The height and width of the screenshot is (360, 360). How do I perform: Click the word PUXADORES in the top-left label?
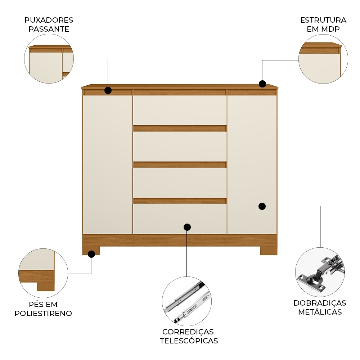click(49, 20)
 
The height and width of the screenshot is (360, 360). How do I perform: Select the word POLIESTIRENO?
click(43, 314)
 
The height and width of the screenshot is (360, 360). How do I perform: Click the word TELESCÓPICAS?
click(189, 341)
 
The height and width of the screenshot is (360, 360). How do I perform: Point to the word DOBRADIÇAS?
click(320, 303)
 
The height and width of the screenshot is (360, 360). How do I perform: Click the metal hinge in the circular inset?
click(321, 273)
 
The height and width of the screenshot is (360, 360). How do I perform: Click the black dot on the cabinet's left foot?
click(91, 254)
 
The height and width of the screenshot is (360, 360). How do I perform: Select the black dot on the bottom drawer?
click(187, 227)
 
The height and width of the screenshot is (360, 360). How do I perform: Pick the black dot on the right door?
click(262, 206)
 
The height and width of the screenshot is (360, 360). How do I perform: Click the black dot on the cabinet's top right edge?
click(262, 84)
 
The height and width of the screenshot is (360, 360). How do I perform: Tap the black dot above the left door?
click(108, 90)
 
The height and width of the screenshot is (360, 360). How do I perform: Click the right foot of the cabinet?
click(269, 251)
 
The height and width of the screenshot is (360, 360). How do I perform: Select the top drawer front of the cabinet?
click(180, 111)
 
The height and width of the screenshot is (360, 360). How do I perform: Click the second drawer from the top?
click(180, 147)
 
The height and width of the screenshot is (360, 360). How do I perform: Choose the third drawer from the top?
click(180, 183)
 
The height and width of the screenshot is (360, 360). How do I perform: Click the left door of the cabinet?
click(108, 165)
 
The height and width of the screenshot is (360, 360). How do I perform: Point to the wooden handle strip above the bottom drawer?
click(180, 201)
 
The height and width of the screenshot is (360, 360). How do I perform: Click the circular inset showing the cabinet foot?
click(43, 273)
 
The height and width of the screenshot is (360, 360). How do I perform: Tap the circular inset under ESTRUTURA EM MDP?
click(323, 59)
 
